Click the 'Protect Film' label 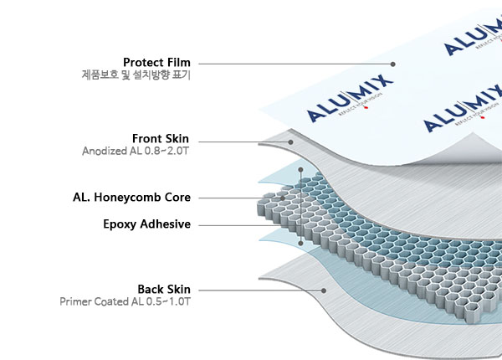[x=156, y=63]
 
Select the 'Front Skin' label [x=161, y=138]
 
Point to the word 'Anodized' [x=102, y=152]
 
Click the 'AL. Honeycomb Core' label [x=131, y=198]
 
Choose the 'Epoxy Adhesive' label [x=146, y=224]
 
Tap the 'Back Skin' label [x=164, y=289]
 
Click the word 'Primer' [x=78, y=301]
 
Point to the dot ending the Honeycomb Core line [x=284, y=198]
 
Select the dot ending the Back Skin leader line [x=324, y=291]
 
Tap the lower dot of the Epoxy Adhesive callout [x=300, y=243]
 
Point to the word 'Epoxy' [x=119, y=224]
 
